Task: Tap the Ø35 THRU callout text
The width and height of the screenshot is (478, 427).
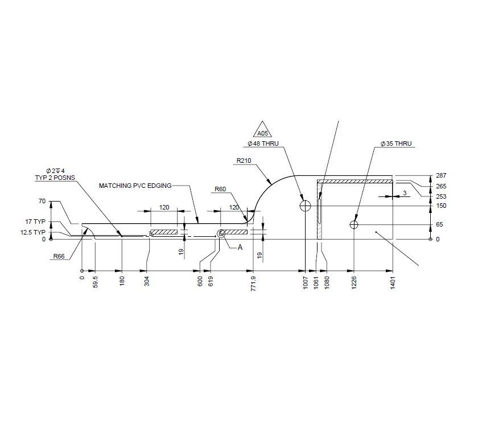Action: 396,144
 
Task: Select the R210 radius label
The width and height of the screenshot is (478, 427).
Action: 244,161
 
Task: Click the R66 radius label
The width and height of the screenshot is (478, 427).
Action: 59,256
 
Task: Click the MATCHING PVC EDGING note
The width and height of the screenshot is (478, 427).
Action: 135,186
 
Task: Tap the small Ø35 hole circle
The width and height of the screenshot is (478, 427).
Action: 354,224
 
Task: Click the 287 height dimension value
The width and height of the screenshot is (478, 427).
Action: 441,176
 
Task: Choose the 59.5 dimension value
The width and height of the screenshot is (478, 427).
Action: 96,281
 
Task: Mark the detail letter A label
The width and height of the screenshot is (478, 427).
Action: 240,248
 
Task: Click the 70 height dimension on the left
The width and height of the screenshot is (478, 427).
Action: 42,201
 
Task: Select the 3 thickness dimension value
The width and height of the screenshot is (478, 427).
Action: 404,194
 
